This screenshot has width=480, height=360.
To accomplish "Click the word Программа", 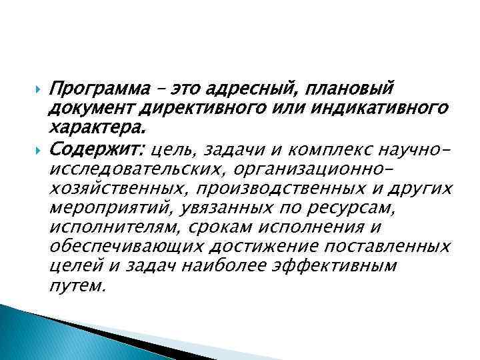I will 93,88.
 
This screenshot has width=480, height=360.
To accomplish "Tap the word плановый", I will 353,88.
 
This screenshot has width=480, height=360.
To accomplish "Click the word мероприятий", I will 111,209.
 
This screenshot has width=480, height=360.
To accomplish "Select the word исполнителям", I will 115,228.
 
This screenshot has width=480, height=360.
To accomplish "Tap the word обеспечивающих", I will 127,247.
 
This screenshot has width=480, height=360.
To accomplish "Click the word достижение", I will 263,247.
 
